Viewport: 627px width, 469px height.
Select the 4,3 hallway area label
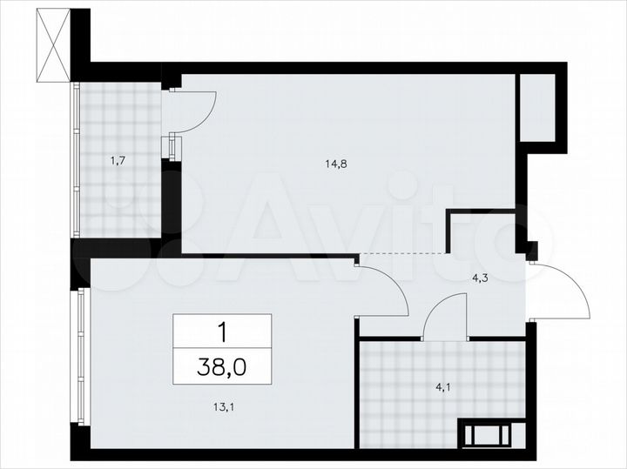pyautogui.click(x=479, y=278)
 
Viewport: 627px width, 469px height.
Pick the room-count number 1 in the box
pyautogui.click(x=222, y=331)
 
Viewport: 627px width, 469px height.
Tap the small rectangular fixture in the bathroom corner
pyautogui.click(x=491, y=432)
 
